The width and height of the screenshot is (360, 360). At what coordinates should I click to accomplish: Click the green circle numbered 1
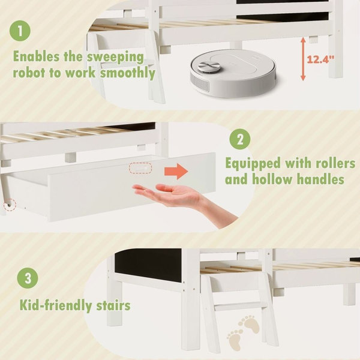20,31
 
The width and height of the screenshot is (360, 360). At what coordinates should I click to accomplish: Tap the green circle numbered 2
239,139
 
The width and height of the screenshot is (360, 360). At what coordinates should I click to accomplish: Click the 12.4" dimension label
320,59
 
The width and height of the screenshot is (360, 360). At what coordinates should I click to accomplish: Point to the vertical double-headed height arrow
303,59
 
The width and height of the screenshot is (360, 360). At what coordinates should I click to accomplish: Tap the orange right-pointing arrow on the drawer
176,171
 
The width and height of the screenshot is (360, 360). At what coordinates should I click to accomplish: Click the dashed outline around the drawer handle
140,168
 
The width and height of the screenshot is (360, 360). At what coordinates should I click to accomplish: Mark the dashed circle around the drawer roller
10,205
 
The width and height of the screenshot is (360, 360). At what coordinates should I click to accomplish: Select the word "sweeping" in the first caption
115,57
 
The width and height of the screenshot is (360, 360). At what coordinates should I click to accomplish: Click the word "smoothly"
128,73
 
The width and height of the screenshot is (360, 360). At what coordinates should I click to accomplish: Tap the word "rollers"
335,163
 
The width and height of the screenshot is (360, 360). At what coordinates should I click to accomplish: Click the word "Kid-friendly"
56,305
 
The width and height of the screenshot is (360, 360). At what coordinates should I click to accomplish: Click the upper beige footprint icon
250,324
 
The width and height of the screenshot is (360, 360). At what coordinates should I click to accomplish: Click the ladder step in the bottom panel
240,307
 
